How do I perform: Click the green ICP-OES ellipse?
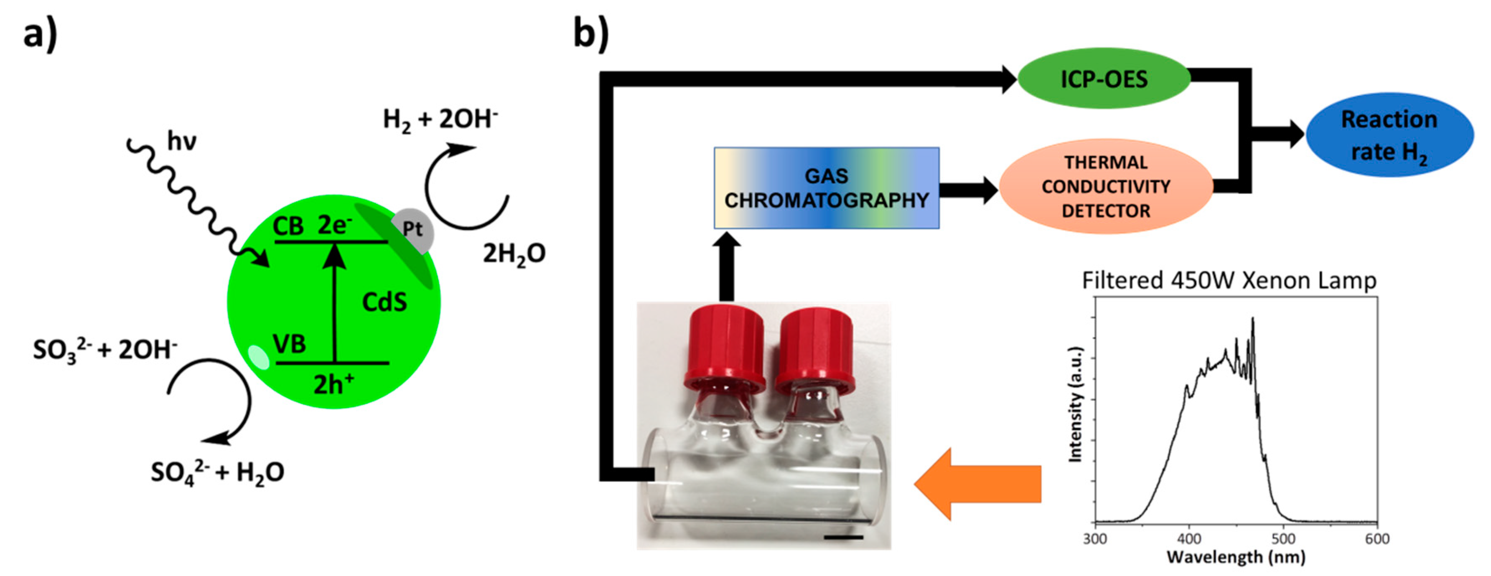click(1103, 79)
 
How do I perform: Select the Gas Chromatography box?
click(826, 188)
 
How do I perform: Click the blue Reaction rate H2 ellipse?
click(1389, 135)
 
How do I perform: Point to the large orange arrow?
click(978, 483)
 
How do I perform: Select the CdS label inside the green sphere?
click(384, 302)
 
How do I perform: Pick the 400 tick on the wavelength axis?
click(1189, 539)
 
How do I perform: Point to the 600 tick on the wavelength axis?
click(1377, 539)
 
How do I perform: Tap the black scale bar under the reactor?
click(843, 537)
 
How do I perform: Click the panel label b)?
click(590, 33)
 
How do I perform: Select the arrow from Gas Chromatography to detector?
click(968, 190)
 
